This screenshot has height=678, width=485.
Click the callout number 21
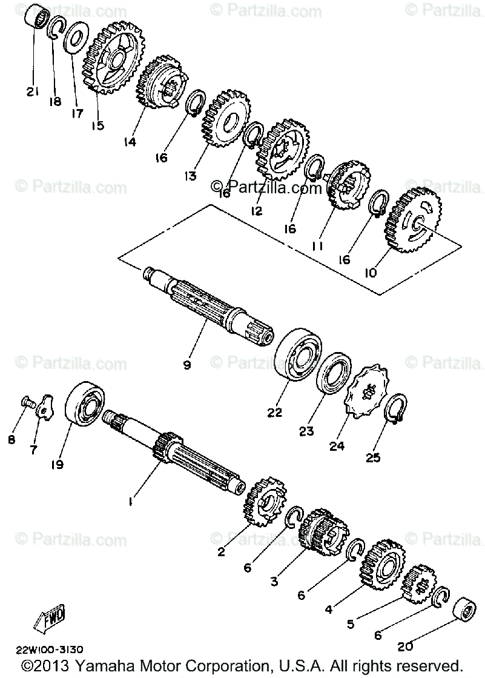pyautogui.click(x=31, y=92)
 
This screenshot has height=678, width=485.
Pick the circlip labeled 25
pyautogui.click(x=397, y=408)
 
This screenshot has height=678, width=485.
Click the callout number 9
pyautogui.click(x=187, y=365)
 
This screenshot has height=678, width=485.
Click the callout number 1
pyautogui.click(x=130, y=501)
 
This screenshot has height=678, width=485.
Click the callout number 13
pyautogui.click(x=191, y=176)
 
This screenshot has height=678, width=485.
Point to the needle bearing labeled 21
pyautogui.click(x=36, y=18)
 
